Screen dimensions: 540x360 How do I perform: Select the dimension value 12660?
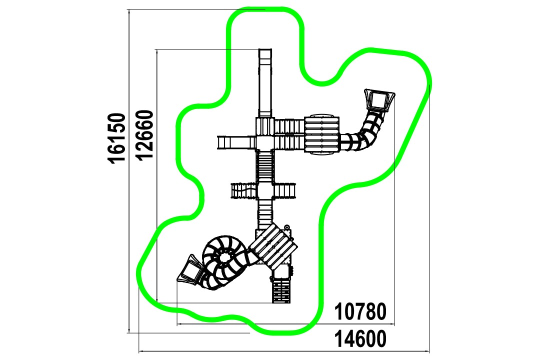144,135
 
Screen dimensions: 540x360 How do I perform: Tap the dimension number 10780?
360,311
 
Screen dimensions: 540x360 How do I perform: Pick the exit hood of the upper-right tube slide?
379,100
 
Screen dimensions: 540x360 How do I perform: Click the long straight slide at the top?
265,83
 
